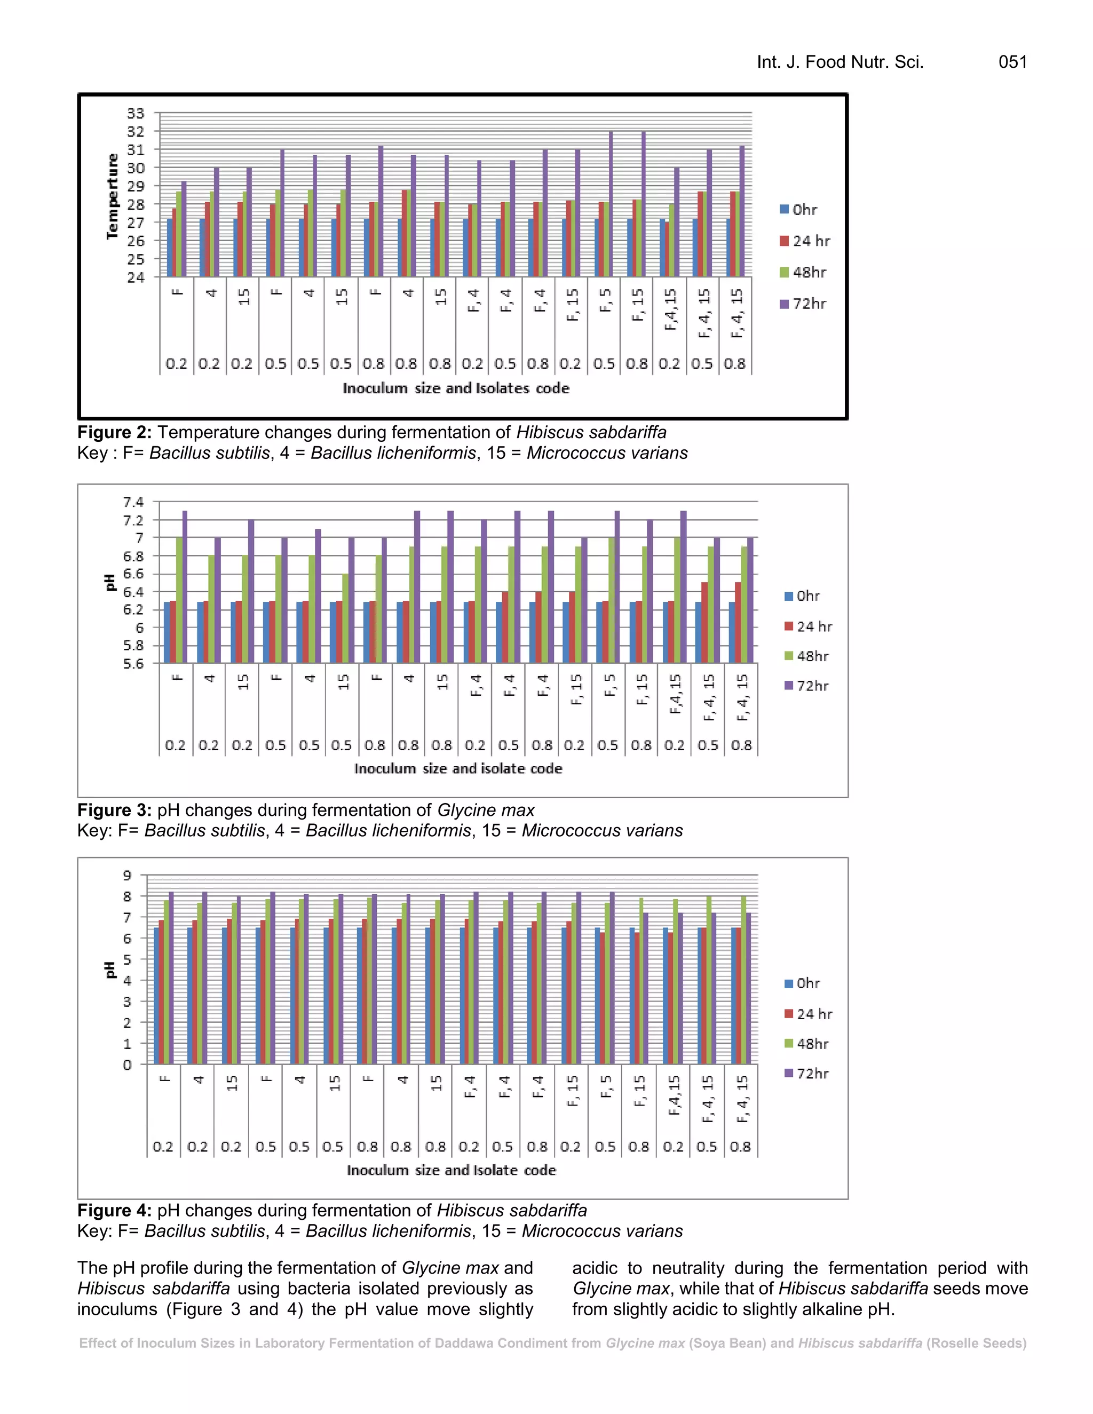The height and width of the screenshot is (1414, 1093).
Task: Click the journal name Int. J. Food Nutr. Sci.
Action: coord(840,62)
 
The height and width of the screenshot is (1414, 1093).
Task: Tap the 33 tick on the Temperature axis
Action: coord(136,113)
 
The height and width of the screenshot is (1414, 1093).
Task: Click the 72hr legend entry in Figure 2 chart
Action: coord(803,304)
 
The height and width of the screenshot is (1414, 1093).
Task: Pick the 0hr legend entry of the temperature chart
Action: coord(798,210)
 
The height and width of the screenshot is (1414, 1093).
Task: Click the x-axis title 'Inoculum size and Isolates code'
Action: coord(456,388)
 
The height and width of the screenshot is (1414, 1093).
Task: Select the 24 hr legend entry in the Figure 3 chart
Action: coord(808,627)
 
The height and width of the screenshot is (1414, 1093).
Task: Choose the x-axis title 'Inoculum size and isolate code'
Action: coord(458,768)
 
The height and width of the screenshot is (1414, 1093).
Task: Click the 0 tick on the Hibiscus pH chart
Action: coord(128,1065)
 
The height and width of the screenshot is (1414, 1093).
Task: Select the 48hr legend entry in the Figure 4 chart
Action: coord(806,1044)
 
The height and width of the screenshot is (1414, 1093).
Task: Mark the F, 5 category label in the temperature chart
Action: coord(605,300)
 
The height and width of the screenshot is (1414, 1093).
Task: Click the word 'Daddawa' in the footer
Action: coord(459,1344)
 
